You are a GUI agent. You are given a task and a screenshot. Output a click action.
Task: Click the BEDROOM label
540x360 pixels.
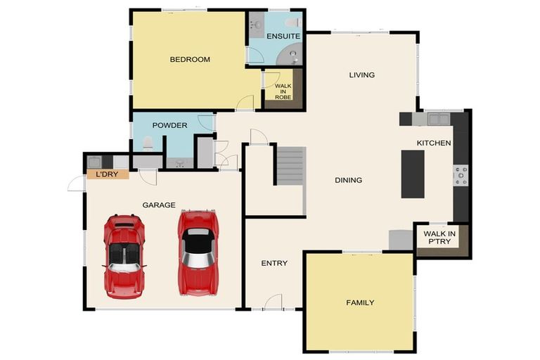190,60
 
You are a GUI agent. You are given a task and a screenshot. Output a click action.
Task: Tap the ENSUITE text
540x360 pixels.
283,36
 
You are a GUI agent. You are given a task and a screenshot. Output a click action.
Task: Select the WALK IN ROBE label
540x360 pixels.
283,91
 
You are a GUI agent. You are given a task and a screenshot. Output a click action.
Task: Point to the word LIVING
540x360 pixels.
362,75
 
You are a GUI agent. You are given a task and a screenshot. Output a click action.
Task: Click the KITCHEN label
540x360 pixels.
434,143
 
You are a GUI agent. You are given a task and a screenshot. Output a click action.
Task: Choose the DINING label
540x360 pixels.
348,181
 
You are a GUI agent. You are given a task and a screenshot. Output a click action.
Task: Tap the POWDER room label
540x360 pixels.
169,126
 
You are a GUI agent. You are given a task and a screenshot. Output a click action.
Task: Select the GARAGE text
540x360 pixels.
159,205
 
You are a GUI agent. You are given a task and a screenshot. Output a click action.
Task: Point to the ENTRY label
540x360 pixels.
274,264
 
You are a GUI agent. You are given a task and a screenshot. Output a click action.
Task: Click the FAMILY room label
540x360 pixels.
360,303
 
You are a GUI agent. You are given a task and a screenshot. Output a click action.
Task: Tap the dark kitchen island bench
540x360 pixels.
413,174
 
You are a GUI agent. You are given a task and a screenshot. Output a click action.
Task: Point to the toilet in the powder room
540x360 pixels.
148,144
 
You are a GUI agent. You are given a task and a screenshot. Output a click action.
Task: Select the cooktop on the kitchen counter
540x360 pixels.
461,175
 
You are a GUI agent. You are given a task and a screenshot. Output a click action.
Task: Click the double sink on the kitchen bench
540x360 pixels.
438,119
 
